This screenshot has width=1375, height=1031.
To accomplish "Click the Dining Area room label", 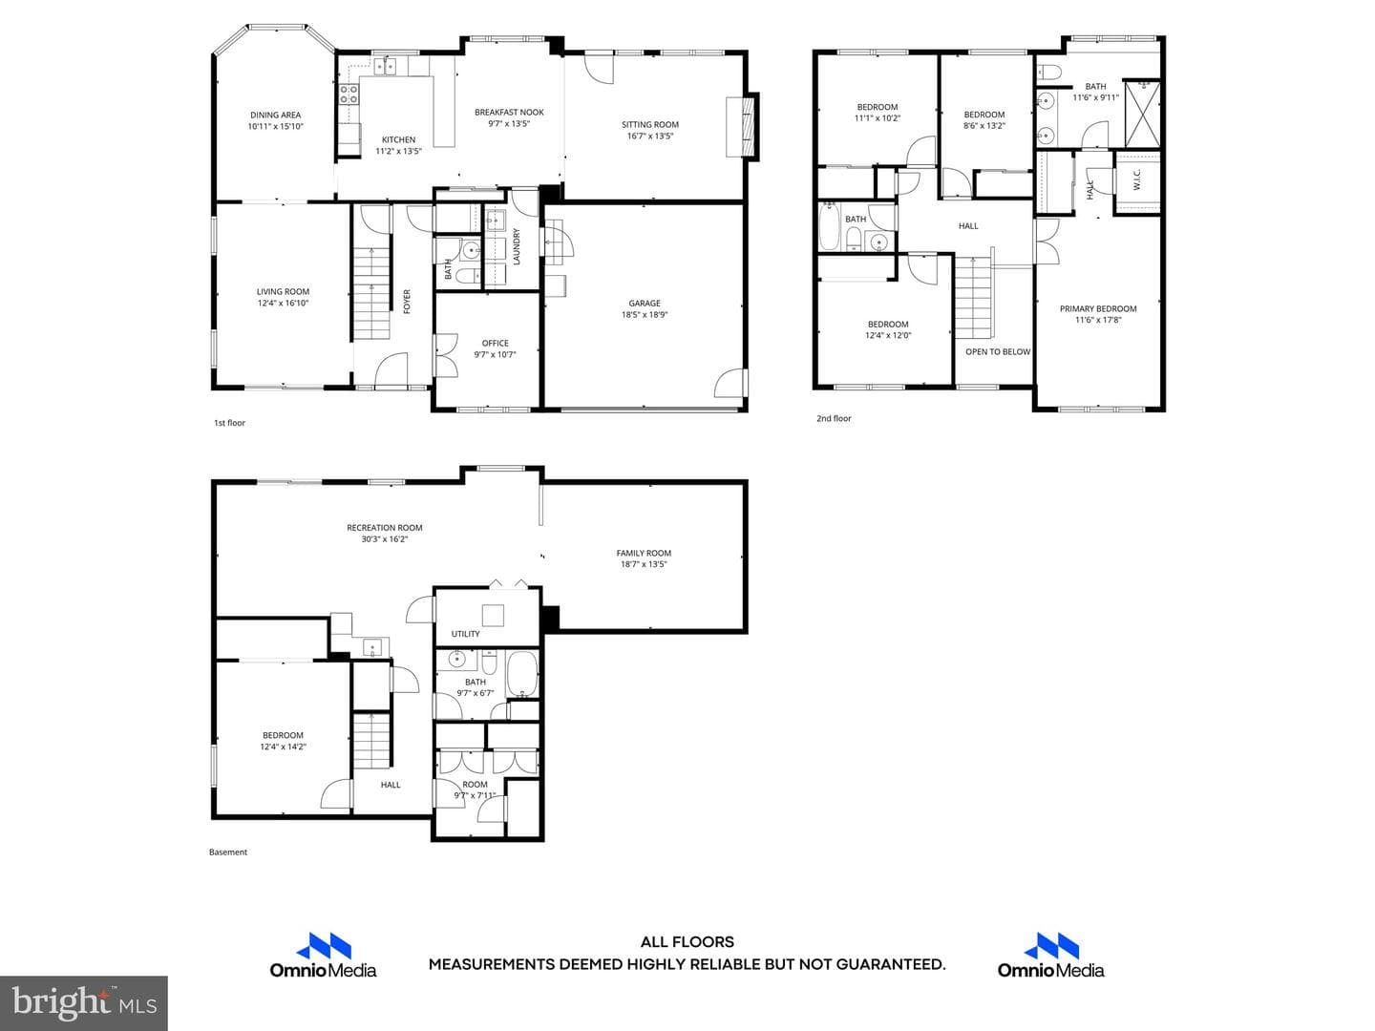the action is pos(275,116).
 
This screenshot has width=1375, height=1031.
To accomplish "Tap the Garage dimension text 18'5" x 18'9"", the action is pos(645,315).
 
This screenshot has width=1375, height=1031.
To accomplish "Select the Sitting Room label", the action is pos(650,124).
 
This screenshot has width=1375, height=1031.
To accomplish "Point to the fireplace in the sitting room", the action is pos(743,126).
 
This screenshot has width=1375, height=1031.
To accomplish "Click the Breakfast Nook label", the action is pos(509,113).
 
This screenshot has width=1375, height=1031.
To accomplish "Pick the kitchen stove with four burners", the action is pos(349,95).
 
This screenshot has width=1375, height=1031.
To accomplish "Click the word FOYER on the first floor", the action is pos(407,301).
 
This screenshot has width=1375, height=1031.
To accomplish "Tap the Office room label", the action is pos(495,343).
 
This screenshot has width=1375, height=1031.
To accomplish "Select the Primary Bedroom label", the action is pos(1098,308).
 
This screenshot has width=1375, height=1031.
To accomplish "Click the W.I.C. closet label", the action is pos(1137,179).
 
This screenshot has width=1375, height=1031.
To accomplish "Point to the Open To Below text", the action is pos(998,352).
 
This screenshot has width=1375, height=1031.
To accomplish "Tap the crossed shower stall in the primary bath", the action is pos(1143,114).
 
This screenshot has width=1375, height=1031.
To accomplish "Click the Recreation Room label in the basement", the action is pos(385,528).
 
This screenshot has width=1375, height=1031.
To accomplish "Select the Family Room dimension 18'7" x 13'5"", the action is pos(644,564).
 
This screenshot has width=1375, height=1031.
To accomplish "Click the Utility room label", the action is pos(465,634).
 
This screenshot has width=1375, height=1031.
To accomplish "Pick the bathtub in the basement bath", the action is pos(521,674).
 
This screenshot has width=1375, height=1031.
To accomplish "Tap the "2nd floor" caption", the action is pos(834,418).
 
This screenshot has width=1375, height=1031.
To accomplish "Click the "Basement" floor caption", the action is pos(228,852).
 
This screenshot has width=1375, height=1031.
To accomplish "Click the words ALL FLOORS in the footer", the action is pos(687,942).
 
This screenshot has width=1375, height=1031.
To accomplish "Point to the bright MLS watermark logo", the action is pos(84,1002).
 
